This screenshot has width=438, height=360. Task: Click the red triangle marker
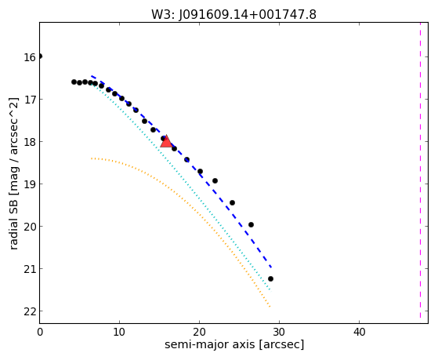[x=166, y=141]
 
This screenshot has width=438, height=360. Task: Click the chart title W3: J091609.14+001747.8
[x=233, y=15]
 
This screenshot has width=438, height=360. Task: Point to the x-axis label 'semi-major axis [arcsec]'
[x=234, y=344]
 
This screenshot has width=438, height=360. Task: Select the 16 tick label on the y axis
[x=30, y=57]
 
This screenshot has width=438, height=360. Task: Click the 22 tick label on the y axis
[x=30, y=311]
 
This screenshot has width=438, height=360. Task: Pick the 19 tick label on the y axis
[x=30, y=184]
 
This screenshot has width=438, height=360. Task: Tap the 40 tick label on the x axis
[x=359, y=332]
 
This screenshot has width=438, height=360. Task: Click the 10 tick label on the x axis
[x=120, y=332]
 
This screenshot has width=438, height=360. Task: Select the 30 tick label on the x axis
[x=279, y=332]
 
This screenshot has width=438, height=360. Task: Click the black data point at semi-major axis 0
[x=40, y=56]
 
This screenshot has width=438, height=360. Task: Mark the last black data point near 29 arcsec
[x=270, y=279]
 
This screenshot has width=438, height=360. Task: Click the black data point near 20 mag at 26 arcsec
[x=251, y=224]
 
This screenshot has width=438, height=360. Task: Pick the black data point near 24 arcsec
[x=232, y=203]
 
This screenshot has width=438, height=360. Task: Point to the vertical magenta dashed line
[x=420, y=170]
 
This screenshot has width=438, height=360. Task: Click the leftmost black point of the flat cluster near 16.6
[x=74, y=82]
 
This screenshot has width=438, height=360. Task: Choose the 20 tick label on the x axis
[x=199, y=332]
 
